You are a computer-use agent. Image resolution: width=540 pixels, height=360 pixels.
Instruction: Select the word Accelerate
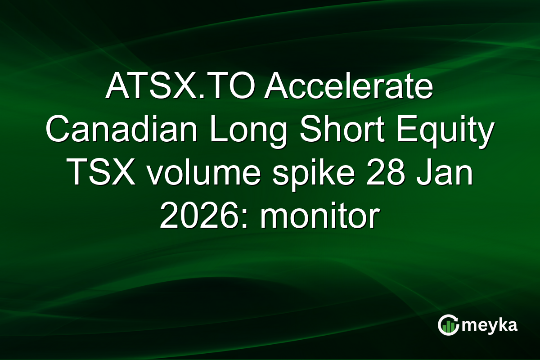pyautogui.click(x=349, y=89)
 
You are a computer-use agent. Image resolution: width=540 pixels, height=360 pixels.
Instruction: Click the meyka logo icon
pyautogui.click(x=448, y=325)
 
